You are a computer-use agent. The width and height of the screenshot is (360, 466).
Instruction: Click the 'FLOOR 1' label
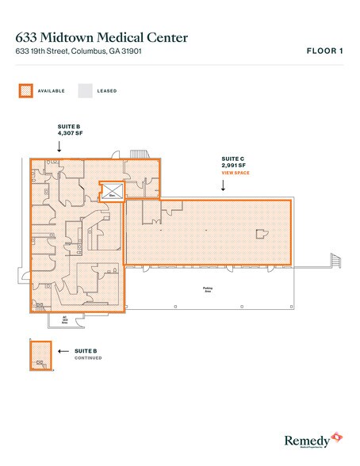(324, 52)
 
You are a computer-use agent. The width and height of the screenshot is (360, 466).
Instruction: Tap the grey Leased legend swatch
(84, 90)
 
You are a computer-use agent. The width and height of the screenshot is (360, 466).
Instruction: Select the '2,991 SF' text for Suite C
(236, 165)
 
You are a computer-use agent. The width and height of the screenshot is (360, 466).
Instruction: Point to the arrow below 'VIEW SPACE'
(224, 186)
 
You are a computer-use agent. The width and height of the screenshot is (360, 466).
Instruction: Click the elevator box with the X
(112, 192)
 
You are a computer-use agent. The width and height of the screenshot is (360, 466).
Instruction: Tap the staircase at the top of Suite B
(139, 151)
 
